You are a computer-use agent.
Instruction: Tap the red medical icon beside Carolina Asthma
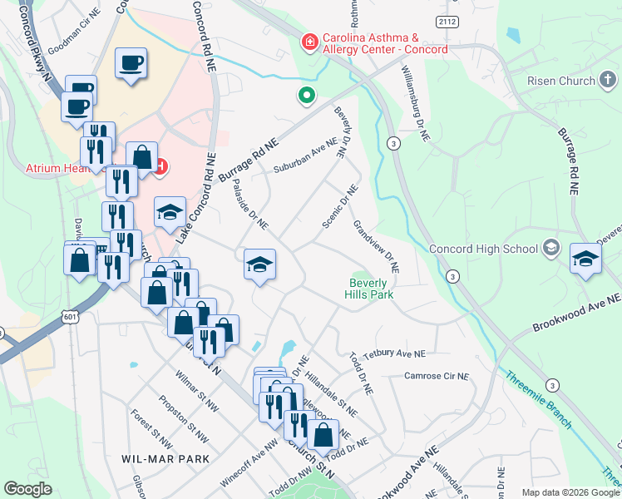(309, 40)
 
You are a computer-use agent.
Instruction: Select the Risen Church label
(561, 81)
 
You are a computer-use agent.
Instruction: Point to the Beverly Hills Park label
(370, 288)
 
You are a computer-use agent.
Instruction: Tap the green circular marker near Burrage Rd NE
(307, 97)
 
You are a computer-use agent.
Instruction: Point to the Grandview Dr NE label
(376, 247)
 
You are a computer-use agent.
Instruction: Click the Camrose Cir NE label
(437, 376)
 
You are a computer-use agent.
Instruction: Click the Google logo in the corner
(28, 489)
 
